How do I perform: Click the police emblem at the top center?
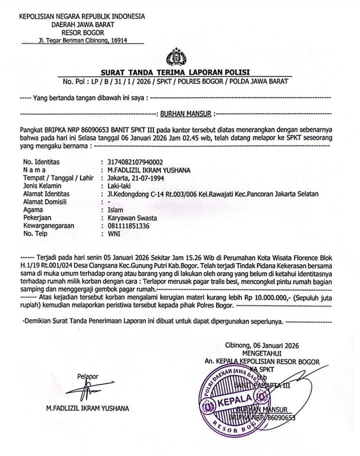click(176, 57)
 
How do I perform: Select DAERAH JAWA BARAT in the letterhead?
click(82, 23)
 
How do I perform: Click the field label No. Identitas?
click(41, 162)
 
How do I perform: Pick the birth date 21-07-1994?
click(146, 178)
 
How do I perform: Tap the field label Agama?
click(33, 210)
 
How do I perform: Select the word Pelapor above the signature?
click(87, 376)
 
